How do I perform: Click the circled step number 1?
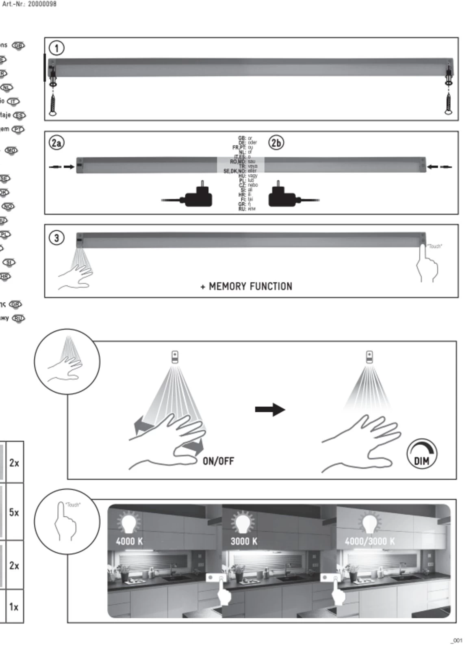(x=56, y=48)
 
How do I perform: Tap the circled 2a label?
(x=56, y=143)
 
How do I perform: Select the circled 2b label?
(x=276, y=143)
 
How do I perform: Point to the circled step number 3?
(x=56, y=238)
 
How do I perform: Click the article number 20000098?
(x=42, y=4)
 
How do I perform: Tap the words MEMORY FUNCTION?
(x=250, y=286)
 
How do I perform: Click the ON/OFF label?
(x=218, y=461)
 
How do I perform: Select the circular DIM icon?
(x=422, y=454)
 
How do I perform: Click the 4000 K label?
(x=129, y=541)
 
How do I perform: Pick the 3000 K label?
(x=244, y=541)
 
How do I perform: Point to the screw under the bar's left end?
(x=53, y=104)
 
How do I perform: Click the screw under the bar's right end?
(x=449, y=104)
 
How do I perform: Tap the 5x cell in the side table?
(x=14, y=512)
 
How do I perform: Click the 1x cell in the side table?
(x=14, y=607)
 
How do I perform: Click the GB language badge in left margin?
(x=18, y=45)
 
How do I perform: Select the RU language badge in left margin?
(x=18, y=318)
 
